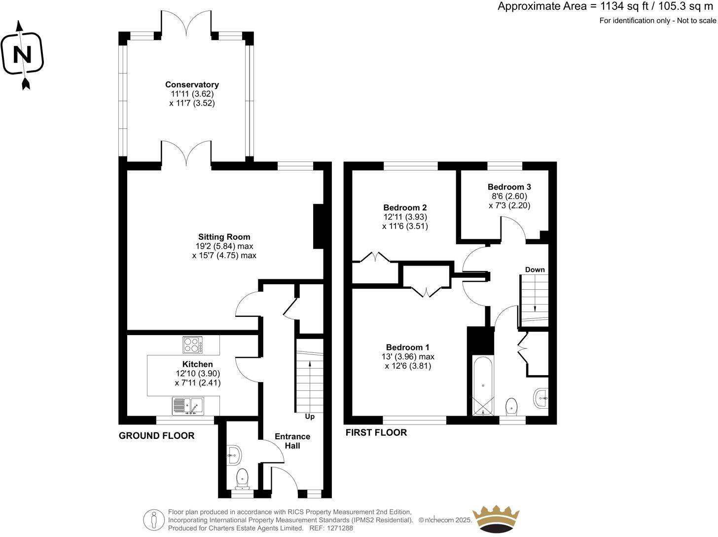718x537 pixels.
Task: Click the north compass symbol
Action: tap(22, 54)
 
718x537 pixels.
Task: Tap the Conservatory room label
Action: tap(192, 85)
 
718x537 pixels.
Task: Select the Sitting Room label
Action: tap(224, 237)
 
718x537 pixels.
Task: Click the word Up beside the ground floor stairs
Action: tap(310, 417)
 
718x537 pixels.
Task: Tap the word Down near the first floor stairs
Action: tap(535, 269)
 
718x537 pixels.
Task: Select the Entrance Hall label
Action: tap(292, 441)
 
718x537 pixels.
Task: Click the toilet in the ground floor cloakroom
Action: tap(242, 478)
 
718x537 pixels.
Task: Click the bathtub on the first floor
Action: tap(482, 385)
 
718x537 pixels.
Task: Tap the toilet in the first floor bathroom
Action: tap(512, 406)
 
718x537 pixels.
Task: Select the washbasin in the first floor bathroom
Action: tap(541, 398)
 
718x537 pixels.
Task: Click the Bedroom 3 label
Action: tap(509, 187)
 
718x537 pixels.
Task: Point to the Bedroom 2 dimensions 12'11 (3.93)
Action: tap(405, 217)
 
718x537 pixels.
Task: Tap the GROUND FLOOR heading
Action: tap(156, 435)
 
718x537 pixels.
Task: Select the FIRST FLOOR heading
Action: tap(376, 432)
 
